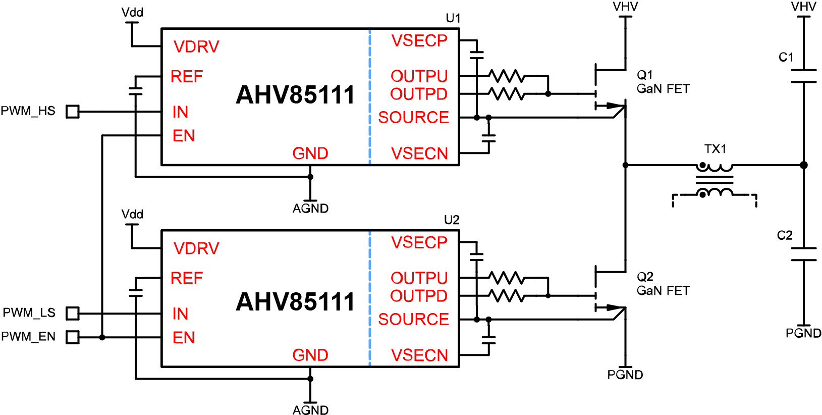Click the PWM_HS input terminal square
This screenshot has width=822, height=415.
click(73, 112)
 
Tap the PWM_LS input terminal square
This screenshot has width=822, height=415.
click(73, 314)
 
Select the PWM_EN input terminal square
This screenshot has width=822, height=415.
click(73, 337)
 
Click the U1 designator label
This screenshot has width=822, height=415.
click(453, 18)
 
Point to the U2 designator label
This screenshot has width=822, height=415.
click(452, 220)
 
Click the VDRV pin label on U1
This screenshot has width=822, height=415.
click(196, 47)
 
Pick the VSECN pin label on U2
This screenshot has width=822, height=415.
click(419, 355)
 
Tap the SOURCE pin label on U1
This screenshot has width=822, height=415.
click(413, 118)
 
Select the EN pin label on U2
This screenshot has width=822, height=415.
click(184, 338)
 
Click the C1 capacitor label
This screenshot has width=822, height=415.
click(786, 58)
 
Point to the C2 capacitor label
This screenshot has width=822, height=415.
click(785, 235)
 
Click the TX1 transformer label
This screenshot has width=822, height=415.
click(715, 149)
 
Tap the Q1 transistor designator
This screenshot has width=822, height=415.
click(645, 75)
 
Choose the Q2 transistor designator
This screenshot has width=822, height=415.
click(645, 277)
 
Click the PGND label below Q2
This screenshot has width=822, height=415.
click(625, 375)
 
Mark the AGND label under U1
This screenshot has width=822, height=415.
click(310, 209)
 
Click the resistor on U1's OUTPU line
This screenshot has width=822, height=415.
click(507, 76)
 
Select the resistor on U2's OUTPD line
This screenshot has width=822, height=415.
click(507, 296)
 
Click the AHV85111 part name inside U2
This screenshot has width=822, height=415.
click(295, 302)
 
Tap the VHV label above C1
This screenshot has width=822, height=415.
click(803, 7)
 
